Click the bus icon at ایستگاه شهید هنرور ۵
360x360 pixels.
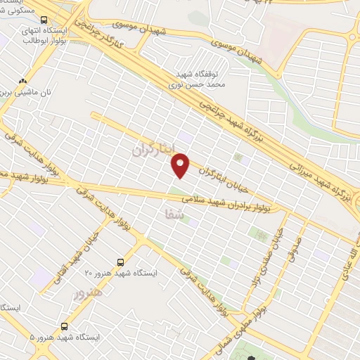coord(65,326)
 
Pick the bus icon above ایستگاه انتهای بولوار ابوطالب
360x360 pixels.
coord(44,21)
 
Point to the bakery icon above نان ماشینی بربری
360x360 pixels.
coord(23,82)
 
